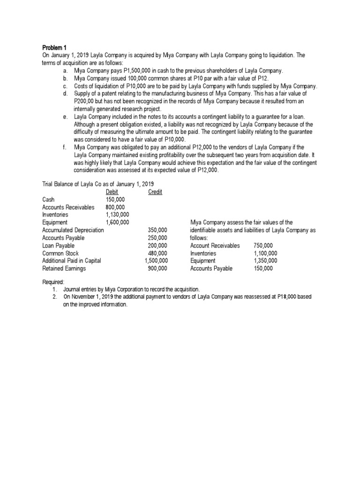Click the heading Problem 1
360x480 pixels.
point(55,48)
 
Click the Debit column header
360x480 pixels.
point(112,192)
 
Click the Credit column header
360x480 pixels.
point(155,192)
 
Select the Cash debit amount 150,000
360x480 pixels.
point(115,200)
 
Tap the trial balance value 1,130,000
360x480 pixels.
point(118,215)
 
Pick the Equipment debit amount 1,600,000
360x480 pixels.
point(118,222)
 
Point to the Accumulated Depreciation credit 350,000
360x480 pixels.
point(157,230)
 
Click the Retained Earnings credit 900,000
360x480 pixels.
point(157,269)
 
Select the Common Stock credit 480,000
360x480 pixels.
point(157,253)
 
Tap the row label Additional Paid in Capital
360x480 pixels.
point(71,261)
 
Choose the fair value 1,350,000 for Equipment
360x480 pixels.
point(265,261)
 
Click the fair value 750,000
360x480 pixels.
point(263,246)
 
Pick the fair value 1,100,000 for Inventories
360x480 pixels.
point(265,253)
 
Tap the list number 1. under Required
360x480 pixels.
point(55,290)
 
